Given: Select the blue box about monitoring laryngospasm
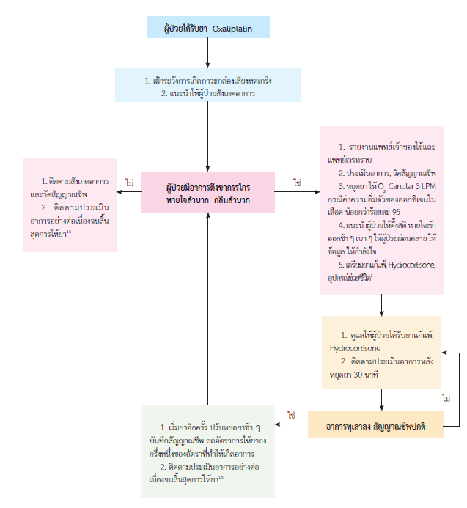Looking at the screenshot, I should coord(208,85).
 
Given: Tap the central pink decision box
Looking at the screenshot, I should coord(208,192).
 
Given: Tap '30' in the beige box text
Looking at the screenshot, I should coord(368,372).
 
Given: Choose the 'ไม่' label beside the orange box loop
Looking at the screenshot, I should coord(446,398).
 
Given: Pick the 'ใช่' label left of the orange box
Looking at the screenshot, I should coord(291,415).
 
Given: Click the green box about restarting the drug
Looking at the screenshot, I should coord(208,450).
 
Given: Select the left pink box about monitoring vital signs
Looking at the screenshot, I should coord(70,205).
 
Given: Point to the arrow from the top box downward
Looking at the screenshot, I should coord(208,53).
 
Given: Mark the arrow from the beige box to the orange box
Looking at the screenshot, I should coord(381,400).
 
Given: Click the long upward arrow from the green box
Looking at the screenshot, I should coord(208,308).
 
